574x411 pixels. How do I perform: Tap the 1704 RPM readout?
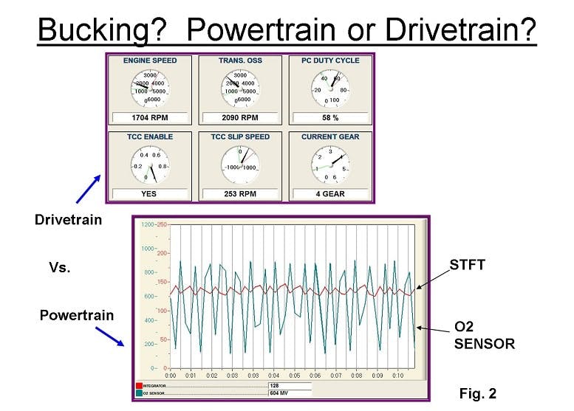149,117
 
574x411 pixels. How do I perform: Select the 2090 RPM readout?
240,117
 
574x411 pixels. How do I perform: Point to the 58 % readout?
330,117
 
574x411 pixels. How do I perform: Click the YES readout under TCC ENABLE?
149,194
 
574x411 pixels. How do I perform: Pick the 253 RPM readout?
240,194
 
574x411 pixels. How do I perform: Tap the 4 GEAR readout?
330,194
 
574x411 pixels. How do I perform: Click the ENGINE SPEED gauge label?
150,61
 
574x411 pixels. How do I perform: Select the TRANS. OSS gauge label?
240,61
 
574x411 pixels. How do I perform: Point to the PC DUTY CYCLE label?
330,61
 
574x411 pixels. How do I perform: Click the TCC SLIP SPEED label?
240,137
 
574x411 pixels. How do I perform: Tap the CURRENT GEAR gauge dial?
330,163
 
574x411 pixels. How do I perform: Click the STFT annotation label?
467,264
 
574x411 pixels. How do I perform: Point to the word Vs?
61,268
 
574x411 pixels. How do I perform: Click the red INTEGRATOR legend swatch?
139,385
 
